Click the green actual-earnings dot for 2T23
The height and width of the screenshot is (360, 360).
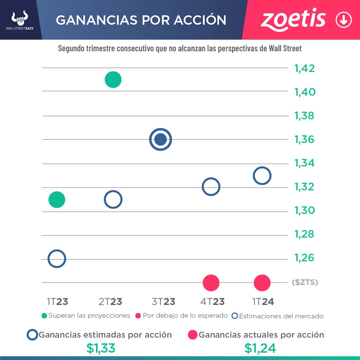tap(113, 80)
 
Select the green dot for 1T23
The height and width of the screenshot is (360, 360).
tap(57, 200)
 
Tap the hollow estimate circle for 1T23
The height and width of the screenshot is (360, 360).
tap(57, 259)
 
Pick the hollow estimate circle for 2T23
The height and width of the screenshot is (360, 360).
tap(113, 200)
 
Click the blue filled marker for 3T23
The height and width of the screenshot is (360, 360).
tap(161, 139)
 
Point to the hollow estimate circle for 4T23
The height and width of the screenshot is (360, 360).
tap(211, 187)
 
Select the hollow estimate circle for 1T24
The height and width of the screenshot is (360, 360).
tap(262, 176)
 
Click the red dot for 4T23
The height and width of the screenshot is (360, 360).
tap(211, 283)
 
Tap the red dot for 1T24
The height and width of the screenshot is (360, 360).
tap(262, 283)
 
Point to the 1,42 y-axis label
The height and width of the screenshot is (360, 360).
tap(304, 68)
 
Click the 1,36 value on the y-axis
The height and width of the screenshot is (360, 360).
tap(304, 139)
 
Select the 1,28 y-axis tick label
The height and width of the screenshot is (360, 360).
tap(304, 234)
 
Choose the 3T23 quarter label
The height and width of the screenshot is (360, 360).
tap(163, 302)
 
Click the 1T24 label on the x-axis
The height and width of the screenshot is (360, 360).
tap(263, 302)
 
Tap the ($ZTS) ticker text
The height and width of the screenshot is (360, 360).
tap(305, 283)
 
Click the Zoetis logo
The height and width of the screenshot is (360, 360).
tap(293, 20)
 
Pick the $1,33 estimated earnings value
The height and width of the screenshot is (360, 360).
tap(101, 348)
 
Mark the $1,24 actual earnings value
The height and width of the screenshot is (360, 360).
tap(260, 348)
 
